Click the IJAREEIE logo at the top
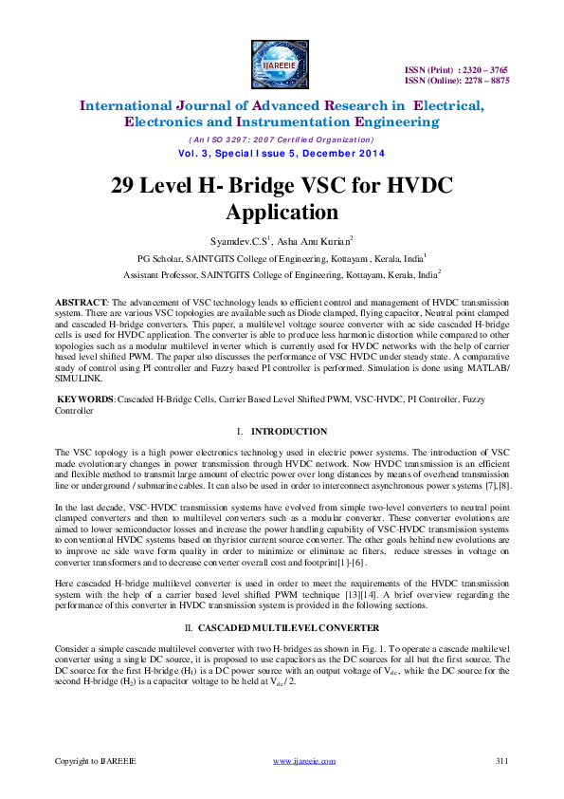pos(282,64)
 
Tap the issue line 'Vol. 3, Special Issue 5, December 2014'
pos(282,154)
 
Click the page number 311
pos(502,761)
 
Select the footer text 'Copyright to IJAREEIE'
pos(95,761)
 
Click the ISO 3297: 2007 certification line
pos(282,140)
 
